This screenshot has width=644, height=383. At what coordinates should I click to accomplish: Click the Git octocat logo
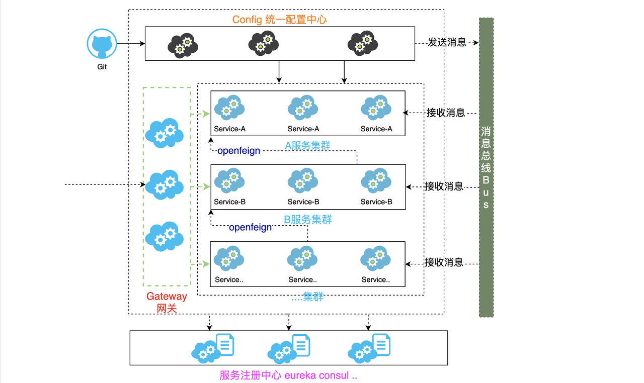click(x=102, y=44)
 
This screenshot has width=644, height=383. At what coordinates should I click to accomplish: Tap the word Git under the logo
click(x=102, y=67)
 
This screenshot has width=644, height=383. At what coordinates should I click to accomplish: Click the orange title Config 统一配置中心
click(x=279, y=20)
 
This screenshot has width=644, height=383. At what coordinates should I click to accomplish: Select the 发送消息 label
click(x=447, y=42)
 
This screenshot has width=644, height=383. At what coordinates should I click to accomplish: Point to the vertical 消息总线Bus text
click(x=486, y=168)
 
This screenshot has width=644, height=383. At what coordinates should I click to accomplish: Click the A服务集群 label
click(x=307, y=145)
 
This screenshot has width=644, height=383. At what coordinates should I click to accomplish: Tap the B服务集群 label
click(x=307, y=220)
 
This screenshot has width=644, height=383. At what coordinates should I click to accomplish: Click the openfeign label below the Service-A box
click(x=238, y=151)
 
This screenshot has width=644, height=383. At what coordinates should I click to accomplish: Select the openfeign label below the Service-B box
click(x=250, y=227)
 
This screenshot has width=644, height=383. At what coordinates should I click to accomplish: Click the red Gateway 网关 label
click(x=167, y=302)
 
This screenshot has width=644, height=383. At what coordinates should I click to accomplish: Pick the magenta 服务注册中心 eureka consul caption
click(x=288, y=375)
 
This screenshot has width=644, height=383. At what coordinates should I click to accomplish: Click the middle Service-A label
click(x=303, y=129)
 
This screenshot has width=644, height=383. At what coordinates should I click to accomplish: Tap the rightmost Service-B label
click(x=376, y=202)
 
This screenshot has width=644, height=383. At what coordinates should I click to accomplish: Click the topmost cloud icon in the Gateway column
click(x=165, y=133)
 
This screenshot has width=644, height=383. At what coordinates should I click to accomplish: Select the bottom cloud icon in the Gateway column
click(x=165, y=236)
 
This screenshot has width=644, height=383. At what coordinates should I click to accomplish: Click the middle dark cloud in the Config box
click(x=263, y=43)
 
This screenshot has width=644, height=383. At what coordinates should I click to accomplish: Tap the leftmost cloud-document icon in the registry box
click(x=213, y=348)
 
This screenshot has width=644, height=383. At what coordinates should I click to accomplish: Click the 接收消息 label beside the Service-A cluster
click(x=446, y=113)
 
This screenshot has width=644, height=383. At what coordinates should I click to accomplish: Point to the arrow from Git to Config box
click(x=131, y=44)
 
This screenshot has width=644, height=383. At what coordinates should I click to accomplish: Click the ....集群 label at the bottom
click(x=307, y=297)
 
